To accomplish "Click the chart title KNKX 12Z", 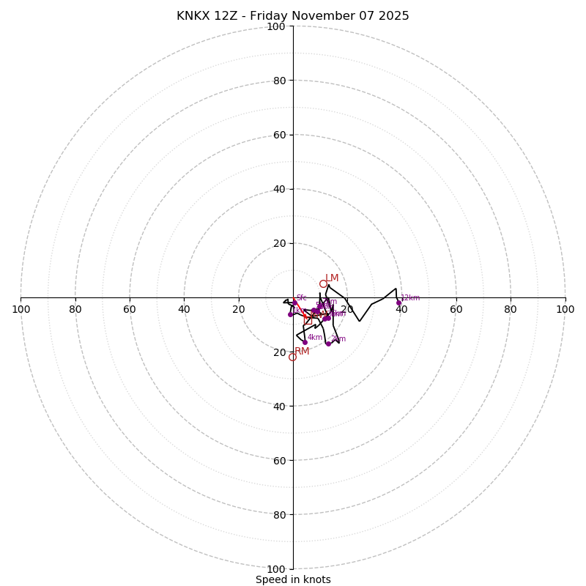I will pyautogui.click(x=292, y=16).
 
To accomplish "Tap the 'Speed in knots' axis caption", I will pyautogui.click(x=293, y=579).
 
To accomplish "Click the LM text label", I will pyautogui.click(x=332, y=278).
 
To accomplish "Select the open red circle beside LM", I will pyautogui.click(x=323, y=283).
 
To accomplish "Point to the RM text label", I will pyautogui.click(x=302, y=352).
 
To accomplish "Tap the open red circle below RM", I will pyautogui.click(x=292, y=357).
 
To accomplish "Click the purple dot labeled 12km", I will pyautogui.click(x=399, y=303).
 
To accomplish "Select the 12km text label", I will pyautogui.click(x=410, y=298).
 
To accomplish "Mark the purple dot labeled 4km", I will pyautogui.click(x=305, y=342).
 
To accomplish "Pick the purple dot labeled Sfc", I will pyautogui.click(x=295, y=302).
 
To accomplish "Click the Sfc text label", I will pyautogui.click(x=301, y=298).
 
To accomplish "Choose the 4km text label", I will pyautogui.click(x=315, y=338).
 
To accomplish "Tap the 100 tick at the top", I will pyautogui.click(x=276, y=26).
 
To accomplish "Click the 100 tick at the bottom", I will pyautogui.click(x=276, y=569).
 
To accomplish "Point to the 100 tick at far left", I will pyautogui.click(x=21, y=309).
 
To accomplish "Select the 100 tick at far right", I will pyautogui.click(x=565, y=309).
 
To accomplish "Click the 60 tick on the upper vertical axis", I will pyautogui.click(x=279, y=135).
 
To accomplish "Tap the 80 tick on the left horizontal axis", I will pyautogui.click(x=75, y=309).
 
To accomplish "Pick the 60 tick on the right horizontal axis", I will pyautogui.click(x=456, y=309).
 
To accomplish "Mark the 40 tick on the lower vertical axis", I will pyautogui.click(x=279, y=406).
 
